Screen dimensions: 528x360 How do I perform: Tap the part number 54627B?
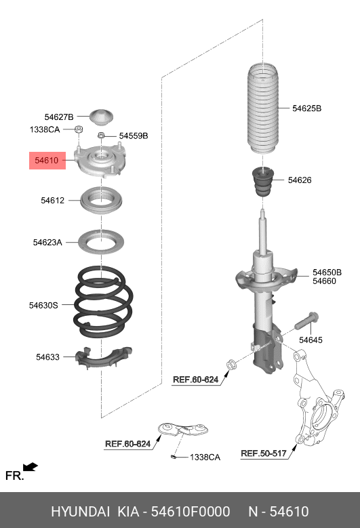click(59, 117)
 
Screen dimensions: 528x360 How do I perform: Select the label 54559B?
click(133, 136)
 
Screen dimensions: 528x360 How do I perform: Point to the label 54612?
click(52, 201)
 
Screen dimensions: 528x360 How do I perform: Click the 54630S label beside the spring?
click(43, 306)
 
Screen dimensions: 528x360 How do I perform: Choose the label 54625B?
click(306, 108)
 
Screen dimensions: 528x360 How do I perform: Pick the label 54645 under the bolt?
click(311, 340)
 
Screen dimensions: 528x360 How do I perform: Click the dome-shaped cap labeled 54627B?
click(102, 117)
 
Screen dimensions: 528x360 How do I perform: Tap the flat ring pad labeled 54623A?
click(102, 242)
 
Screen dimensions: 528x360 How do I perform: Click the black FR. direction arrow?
click(30, 467)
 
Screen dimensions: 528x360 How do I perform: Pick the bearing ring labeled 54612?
click(102, 201)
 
